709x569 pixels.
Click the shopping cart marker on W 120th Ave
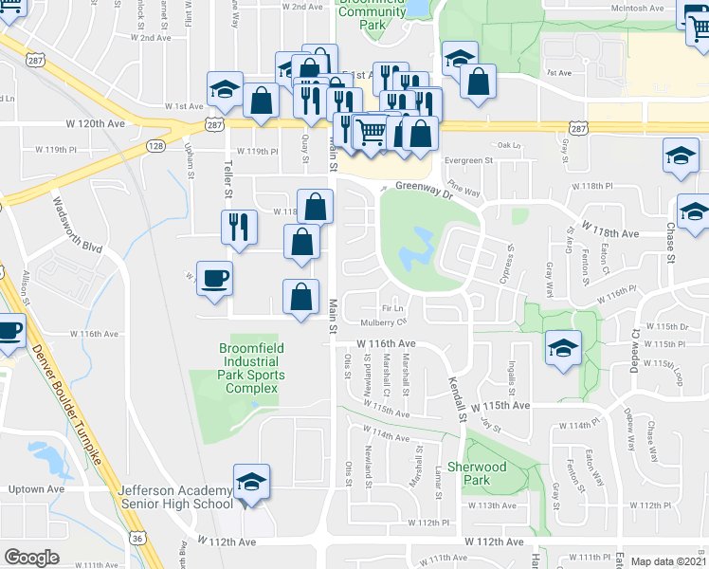pos(372,132)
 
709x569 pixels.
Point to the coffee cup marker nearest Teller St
pos(214,279)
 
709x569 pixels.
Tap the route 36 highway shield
pos(138,539)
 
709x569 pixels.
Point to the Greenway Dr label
pos(420,187)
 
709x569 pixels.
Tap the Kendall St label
pos(457,398)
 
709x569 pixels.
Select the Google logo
pos(31,558)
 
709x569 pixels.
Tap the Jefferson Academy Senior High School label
pos(175,496)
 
